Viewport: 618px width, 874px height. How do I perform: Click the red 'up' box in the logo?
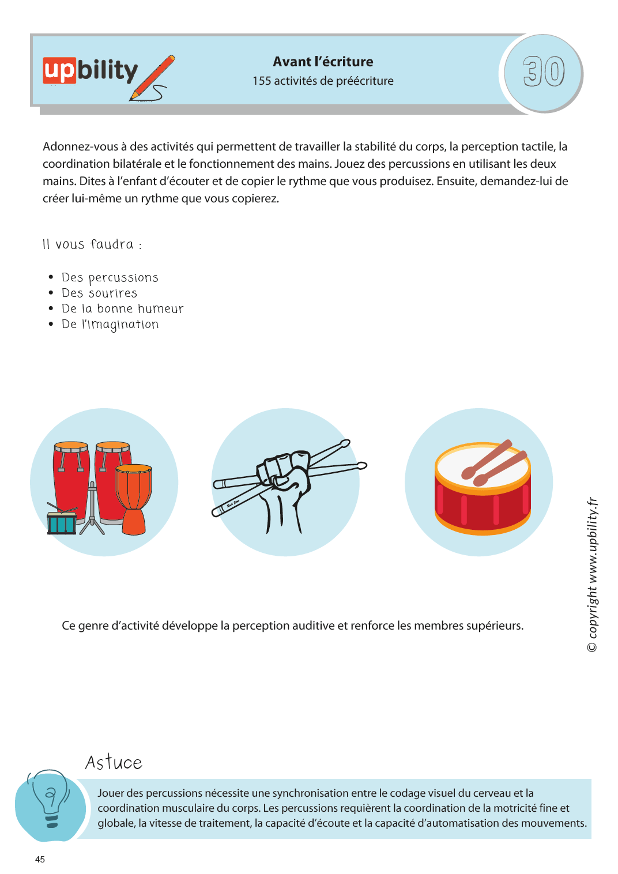tap(59, 71)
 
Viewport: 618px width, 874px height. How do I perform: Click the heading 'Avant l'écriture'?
tap(323, 62)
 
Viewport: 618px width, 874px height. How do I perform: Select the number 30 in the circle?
tap(543, 72)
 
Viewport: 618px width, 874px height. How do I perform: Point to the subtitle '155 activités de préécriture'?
tap(323, 81)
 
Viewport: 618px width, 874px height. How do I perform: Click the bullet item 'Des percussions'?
tap(110, 278)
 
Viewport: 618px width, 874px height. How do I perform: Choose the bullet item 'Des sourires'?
tap(99, 293)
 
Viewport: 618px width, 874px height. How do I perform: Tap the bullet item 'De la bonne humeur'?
tap(122, 309)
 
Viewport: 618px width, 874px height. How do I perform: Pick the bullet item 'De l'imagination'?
tap(110, 325)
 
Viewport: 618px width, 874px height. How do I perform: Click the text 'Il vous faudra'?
tap(89, 244)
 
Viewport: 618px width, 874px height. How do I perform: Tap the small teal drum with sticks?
tap(61, 522)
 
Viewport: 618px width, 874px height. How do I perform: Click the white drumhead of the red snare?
tap(482, 468)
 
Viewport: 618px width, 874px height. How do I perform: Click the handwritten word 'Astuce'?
tap(114, 763)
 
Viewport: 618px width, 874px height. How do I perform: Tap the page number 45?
tap(40, 860)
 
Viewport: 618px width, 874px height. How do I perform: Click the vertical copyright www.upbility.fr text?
tap(592, 574)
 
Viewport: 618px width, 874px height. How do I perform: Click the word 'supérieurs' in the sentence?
tap(494, 626)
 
